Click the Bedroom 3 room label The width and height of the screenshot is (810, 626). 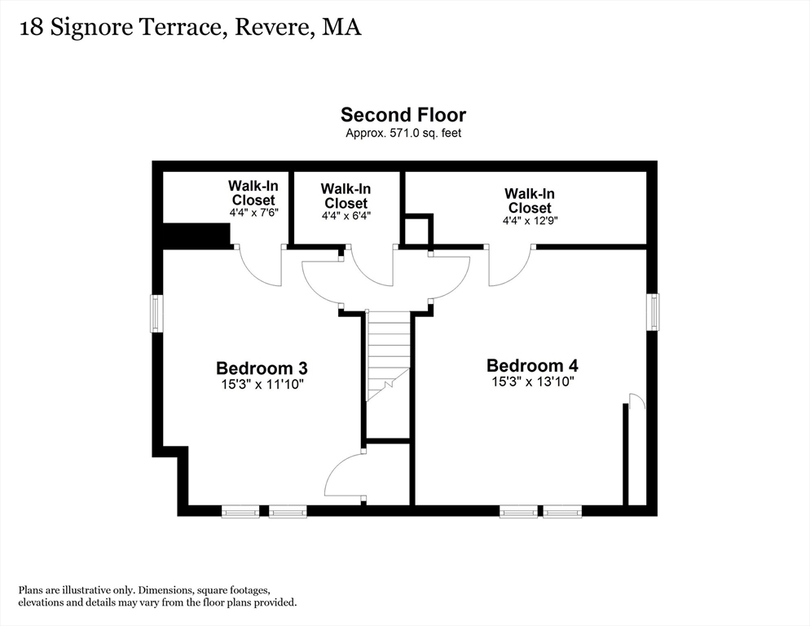pyautogui.click(x=262, y=368)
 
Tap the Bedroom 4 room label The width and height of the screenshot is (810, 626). pyautogui.click(x=532, y=365)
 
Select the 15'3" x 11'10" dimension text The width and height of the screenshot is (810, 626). pyautogui.click(x=262, y=384)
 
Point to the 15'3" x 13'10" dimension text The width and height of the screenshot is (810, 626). pyautogui.click(x=533, y=381)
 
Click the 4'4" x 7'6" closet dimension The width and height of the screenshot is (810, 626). pyautogui.click(x=254, y=212)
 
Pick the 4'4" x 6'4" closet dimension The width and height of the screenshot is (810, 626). pyautogui.click(x=346, y=215)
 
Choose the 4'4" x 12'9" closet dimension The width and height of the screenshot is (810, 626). pyautogui.click(x=530, y=220)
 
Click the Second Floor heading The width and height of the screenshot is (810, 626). pyautogui.click(x=403, y=114)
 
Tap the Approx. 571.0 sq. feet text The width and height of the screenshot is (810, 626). pyautogui.click(x=403, y=133)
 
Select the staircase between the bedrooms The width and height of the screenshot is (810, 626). pyautogui.click(x=389, y=355)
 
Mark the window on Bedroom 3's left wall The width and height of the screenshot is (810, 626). pyautogui.click(x=156, y=313)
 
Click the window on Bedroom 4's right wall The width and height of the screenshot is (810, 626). pyautogui.click(x=654, y=311)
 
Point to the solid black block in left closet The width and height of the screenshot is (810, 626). pyautogui.click(x=197, y=236)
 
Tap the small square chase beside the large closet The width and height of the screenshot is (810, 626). pyautogui.click(x=416, y=230)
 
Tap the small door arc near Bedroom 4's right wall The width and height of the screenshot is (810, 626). pyautogui.click(x=636, y=401)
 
